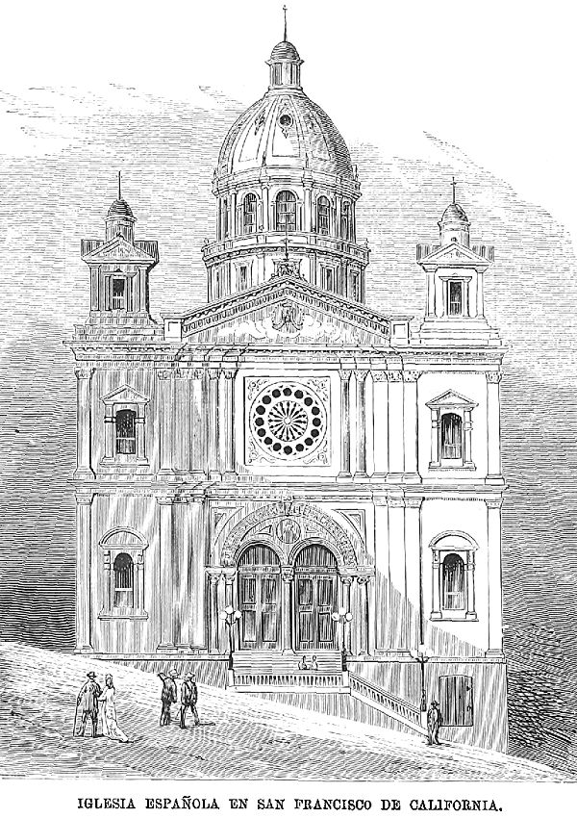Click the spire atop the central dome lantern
[x=285, y=23]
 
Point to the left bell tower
[x=118, y=269]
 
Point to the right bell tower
[x=454, y=274]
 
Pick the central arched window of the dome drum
[x=286, y=212]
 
